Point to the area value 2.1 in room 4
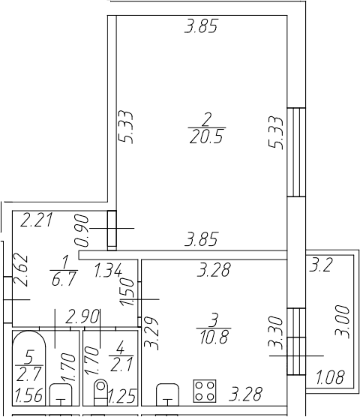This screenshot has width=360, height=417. (121, 364)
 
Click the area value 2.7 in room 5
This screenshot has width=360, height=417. (29, 373)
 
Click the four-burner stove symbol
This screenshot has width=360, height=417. (205, 391)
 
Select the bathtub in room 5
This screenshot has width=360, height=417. (29, 368)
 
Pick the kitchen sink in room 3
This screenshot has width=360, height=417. (167, 394)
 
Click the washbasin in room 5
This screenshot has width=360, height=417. (61, 394)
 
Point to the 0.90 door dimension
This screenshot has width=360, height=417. (82, 230)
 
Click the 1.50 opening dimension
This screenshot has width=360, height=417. (127, 292)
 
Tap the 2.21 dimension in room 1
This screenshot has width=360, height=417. (37, 220)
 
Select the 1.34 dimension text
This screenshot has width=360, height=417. (109, 269)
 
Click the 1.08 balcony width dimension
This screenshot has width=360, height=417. (331, 376)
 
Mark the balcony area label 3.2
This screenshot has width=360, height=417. (320, 265)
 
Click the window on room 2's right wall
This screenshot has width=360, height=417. (296, 152)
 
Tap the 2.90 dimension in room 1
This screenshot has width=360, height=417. (83, 316)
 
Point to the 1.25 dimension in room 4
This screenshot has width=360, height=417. (122, 396)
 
